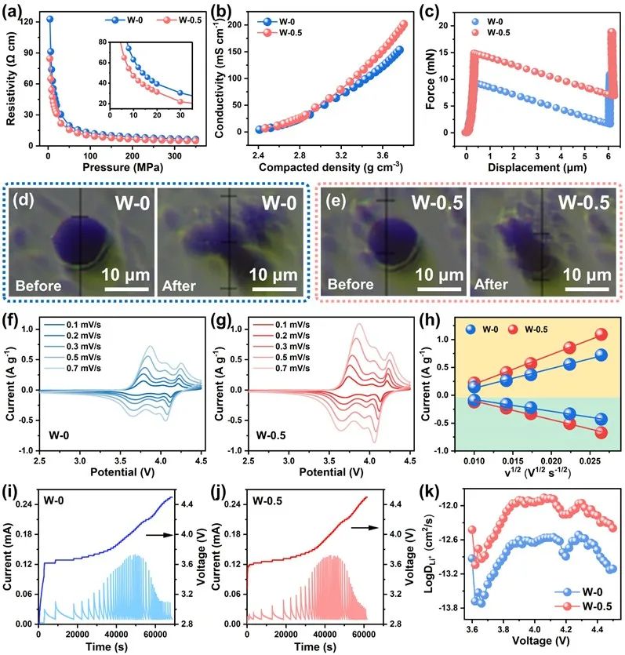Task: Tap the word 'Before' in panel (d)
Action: coord(38,286)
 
